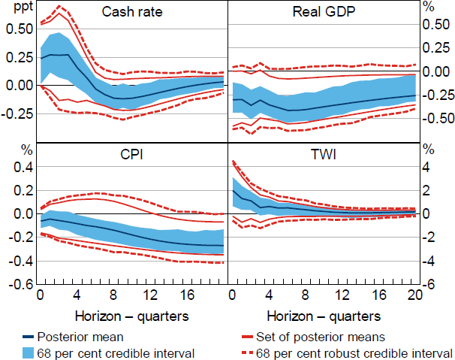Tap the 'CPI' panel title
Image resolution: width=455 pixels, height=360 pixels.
pyautogui.click(x=132, y=156)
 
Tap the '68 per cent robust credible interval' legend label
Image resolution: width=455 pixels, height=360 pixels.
pyautogui.click(x=352, y=351)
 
